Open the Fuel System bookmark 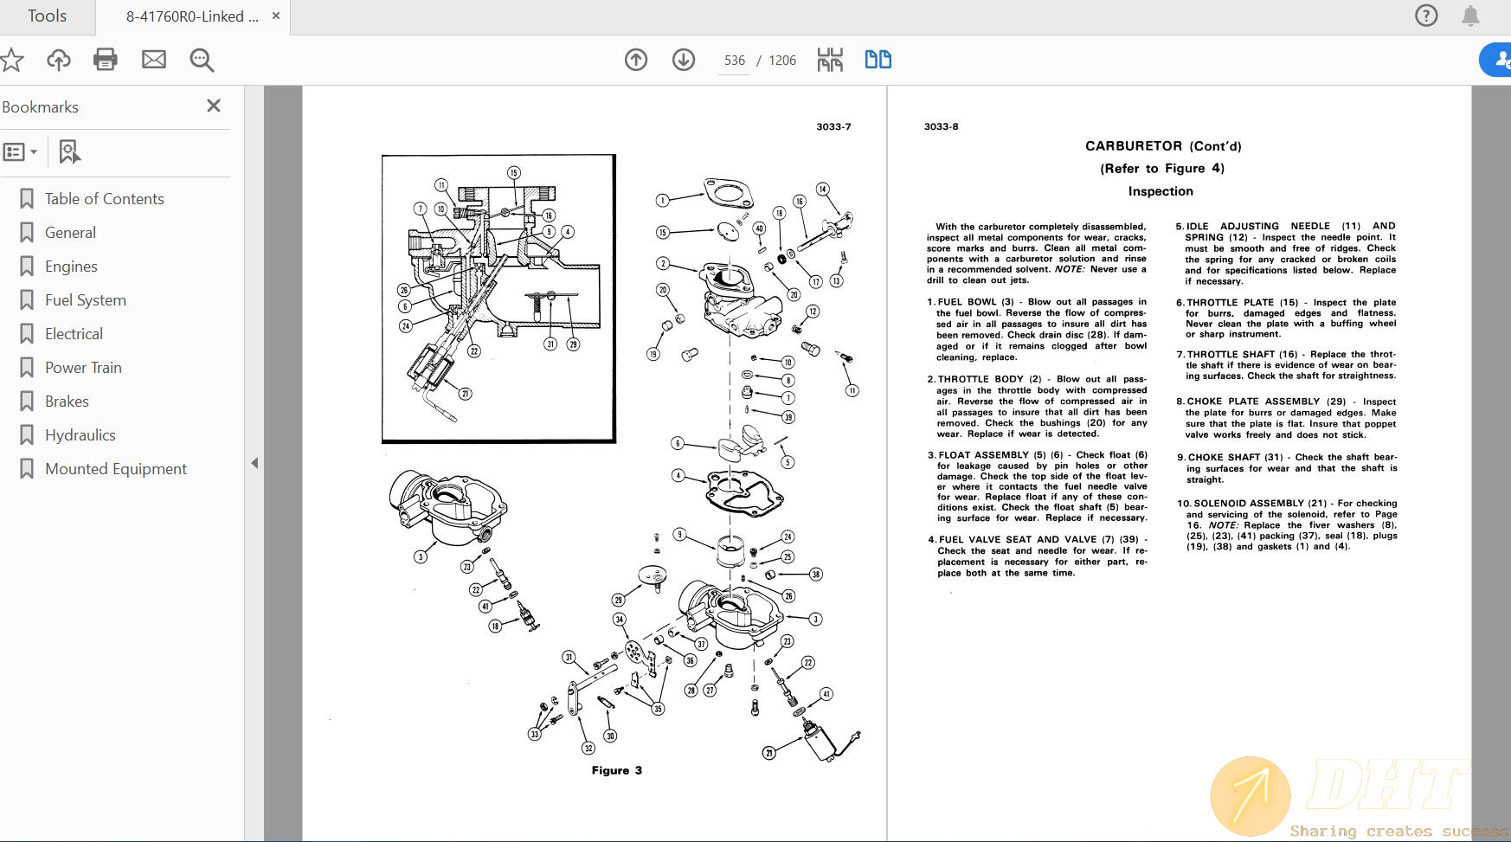(x=85, y=300)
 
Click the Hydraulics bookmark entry (x=80, y=435)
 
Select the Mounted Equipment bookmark (x=115, y=469)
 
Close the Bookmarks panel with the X (x=214, y=106)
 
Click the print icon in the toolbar (x=106, y=60)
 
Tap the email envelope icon (x=154, y=60)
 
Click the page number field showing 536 (x=734, y=61)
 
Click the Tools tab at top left (x=47, y=16)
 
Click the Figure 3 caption (x=616, y=770)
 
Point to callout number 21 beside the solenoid (x=768, y=753)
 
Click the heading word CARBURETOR (x=1133, y=146)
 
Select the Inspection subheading (x=1160, y=191)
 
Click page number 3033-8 (x=941, y=126)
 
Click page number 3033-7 (x=833, y=126)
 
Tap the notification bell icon (x=1470, y=16)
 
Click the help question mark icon (x=1425, y=16)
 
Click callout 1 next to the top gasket (x=662, y=201)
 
